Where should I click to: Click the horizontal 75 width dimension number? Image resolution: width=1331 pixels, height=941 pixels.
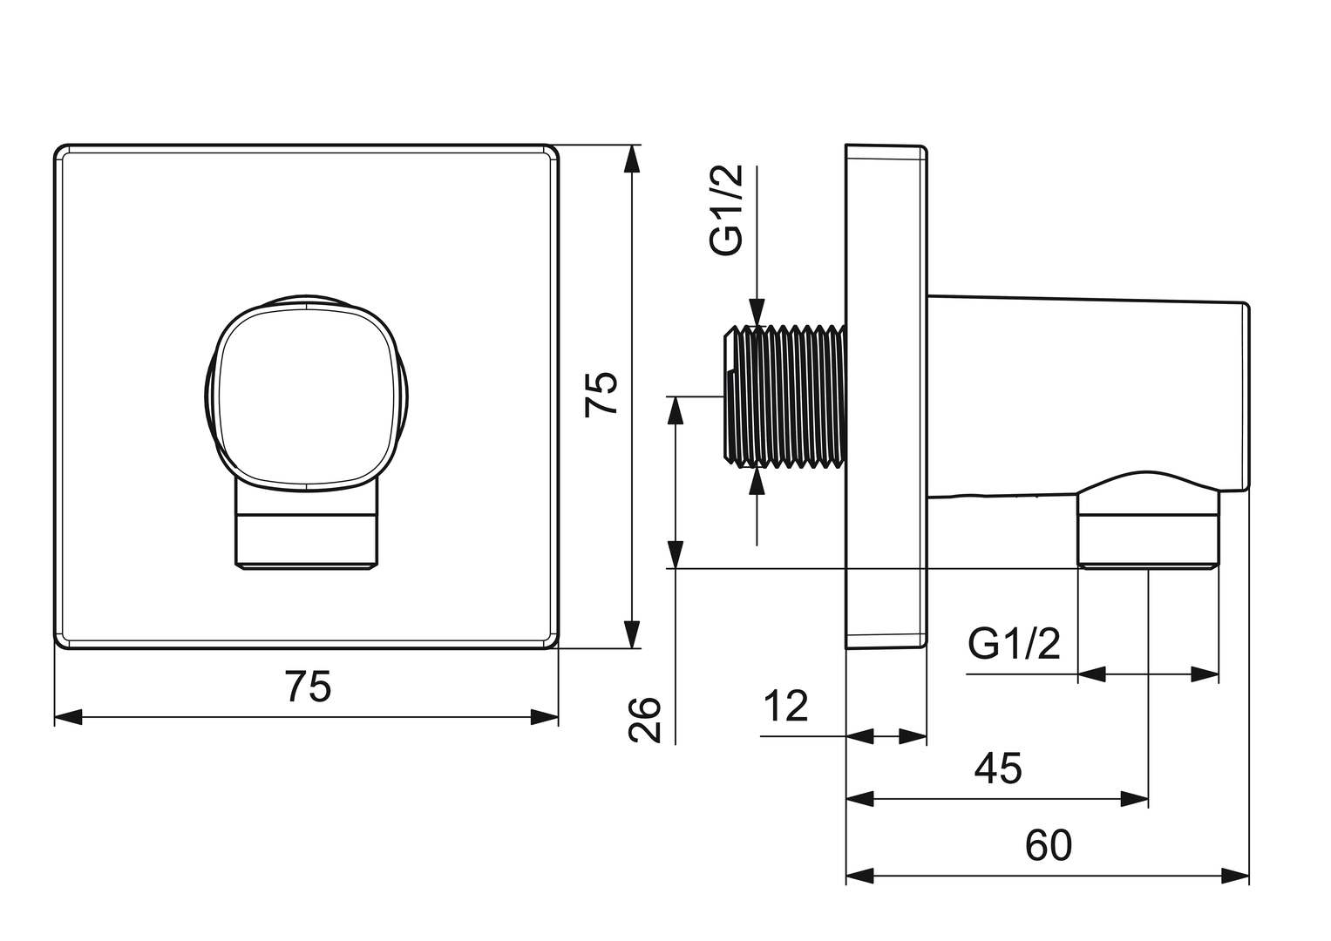click(x=308, y=687)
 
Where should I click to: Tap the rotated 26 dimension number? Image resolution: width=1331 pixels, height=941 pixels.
click(x=646, y=719)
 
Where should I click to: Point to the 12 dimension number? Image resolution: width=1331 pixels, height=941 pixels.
click(x=786, y=706)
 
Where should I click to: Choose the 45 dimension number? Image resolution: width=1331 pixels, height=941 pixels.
click(x=998, y=768)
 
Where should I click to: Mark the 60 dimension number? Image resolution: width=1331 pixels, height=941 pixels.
click(x=1049, y=845)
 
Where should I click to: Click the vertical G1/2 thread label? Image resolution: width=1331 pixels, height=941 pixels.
click(x=726, y=210)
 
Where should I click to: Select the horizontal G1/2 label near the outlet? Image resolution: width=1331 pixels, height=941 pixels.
click(x=1014, y=645)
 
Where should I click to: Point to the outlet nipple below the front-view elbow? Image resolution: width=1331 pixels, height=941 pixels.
click(x=307, y=534)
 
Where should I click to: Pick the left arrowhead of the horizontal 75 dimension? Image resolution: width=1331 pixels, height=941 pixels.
click(x=68, y=717)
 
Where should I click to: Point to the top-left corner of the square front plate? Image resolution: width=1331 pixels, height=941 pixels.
click(x=59, y=149)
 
